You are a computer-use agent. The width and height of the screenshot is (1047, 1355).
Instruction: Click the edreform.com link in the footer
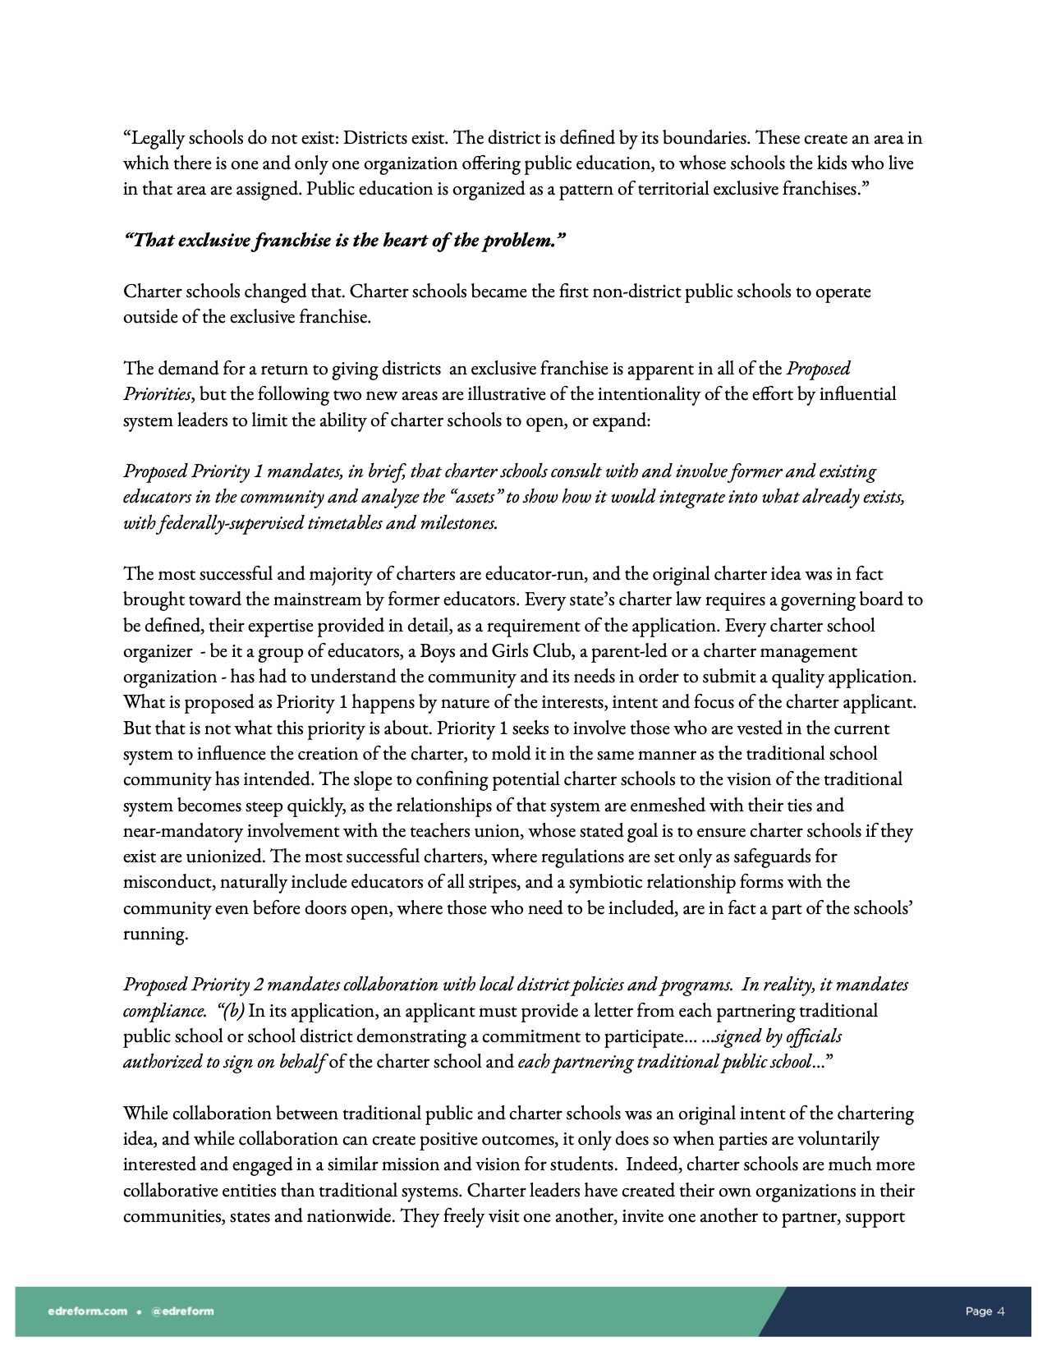click(x=88, y=1311)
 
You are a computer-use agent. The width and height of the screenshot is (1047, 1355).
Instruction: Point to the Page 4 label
click(x=985, y=1311)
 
